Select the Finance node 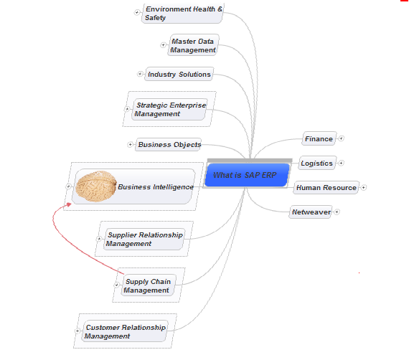click(319, 139)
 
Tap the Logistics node click(316, 164)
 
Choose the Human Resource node click(326, 188)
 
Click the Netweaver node click(311, 212)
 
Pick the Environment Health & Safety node click(183, 14)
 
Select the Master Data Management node click(193, 46)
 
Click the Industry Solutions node click(179, 75)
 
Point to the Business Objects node click(169, 145)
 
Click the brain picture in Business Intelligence click(97, 186)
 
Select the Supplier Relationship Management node click(144, 239)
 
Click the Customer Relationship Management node click(125, 331)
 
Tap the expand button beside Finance click(342, 138)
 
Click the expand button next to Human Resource click(364, 188)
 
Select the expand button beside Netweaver click(337, 212)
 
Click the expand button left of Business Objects click(130, 145)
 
